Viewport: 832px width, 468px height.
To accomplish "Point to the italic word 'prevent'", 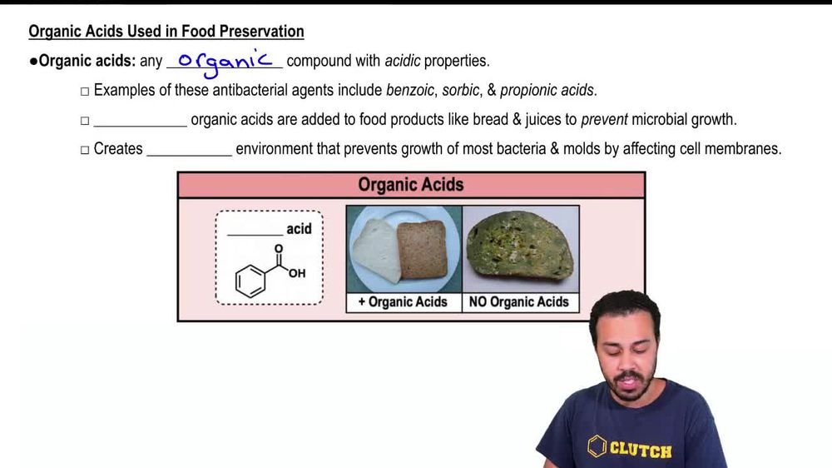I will [604, 119].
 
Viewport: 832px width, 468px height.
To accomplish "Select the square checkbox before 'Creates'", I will [85, 150].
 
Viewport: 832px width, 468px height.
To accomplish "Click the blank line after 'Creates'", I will [189, 151].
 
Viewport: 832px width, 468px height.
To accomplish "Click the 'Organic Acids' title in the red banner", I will [411, 185].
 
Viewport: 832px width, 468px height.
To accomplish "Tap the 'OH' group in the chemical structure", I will [297, 273].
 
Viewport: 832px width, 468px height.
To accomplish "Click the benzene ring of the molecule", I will [250, 281].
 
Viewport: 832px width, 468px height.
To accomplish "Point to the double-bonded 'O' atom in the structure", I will [279, 248].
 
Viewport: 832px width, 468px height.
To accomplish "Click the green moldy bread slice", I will [520, 246].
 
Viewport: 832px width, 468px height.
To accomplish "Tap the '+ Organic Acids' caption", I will [403, 302].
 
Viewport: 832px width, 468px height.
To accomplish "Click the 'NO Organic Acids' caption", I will [519, 302].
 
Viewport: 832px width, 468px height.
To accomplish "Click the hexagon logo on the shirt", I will [597, 447].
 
